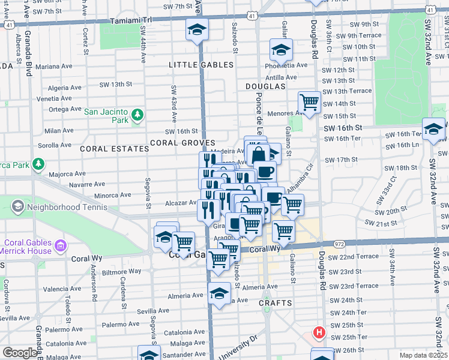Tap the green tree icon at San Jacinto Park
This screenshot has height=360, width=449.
click(x=137, y=115)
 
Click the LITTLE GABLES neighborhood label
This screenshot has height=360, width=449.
click(x=201, y=65)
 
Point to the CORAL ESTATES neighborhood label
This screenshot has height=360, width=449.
click(x=114, y=149)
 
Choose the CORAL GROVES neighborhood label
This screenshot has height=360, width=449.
click(x=182, y=143)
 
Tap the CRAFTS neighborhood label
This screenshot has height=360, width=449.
click(x=275, y=303)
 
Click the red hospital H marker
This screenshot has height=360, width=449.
click(x=320, y=332)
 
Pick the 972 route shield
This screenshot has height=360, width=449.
click(x=339, y=244)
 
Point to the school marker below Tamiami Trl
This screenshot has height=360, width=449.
click(x=197, y=30)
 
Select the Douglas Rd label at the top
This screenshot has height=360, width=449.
click(x=313, y=35)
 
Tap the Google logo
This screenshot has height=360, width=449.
click(x=20, y=352)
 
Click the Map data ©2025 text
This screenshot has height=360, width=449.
click(x=423, y=355)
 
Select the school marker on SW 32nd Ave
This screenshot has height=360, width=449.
click(x=433, y=128)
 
